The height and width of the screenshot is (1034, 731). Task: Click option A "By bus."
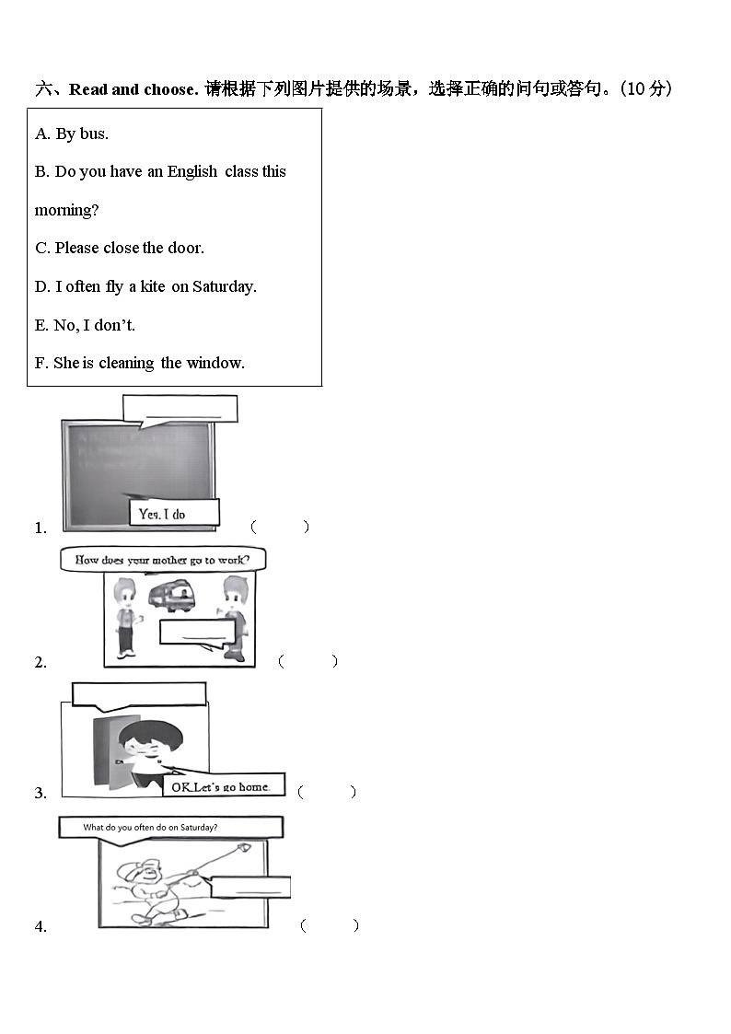pyautogui.click(x=72, y=134)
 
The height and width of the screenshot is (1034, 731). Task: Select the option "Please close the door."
pyautogui.click(x=120, y=248)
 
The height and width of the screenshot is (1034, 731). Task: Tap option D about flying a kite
pyautogui.click(x=145, y=287)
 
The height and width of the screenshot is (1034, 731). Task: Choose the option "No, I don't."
pyautogui.click(x=85, y=325)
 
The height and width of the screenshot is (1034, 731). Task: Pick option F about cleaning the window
pyautogui.click(x=140, y=364)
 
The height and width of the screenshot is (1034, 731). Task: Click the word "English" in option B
pyautogui.click(x=191, y=171)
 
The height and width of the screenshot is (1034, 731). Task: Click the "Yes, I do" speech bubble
pyautogui.click(x=174, y=513)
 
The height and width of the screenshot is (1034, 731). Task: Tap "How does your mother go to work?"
pyautogui.click(x=163, y=560)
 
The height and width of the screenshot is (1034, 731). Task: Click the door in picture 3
pyautogui.click(x=108, y=750)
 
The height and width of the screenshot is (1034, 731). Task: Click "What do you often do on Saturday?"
pyautogui.click(x=170, y=827)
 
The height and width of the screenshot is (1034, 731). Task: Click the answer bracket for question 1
pyautogui.click(x=280, y=527)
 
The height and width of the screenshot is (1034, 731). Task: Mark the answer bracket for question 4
pyautogui.click(x=330, y=925)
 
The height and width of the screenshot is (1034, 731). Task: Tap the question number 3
pyautogui.click(x=41, y=793)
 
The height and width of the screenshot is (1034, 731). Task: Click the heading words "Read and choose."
pyautogui.click(x=133, y=89)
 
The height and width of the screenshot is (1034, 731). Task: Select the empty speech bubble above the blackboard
pyautogui.click(x=180, y=410)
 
